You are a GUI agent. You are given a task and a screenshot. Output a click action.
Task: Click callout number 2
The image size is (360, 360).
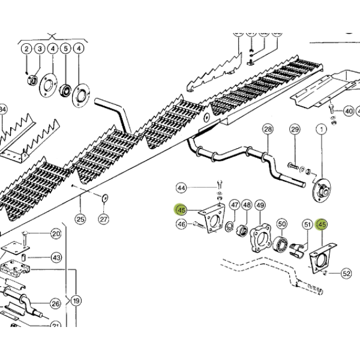pyautogui.click(x=26, y=49)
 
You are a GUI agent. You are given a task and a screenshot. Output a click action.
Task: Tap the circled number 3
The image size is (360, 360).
pyautogui.click(x=39, y=49)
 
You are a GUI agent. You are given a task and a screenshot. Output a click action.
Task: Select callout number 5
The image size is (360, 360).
pyautogui.click(x=65, y=49)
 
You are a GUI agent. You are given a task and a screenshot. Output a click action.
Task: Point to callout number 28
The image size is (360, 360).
pyautogui.click(x=268, y=130)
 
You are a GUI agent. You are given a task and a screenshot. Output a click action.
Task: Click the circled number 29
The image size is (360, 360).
pyautogui.click(x=295, y=130)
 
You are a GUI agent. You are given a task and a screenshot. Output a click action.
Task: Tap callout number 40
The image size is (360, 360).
pyautogui.click(x=349, y=111)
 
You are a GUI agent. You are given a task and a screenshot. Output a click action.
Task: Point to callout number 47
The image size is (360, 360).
pyautogui.click(x=235, y=206)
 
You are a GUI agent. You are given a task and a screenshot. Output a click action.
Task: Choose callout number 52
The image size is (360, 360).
pyautogui.click(x=346, y=274)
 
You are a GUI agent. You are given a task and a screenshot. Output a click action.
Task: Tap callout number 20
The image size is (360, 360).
pyautogui.click(x=56, y=234)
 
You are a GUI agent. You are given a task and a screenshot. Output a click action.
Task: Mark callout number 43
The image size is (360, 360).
pyautogui.click(x=56, y=257)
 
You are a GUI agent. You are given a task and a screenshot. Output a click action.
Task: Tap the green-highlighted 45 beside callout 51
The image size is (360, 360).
pyautogui.click(x=322, y=225)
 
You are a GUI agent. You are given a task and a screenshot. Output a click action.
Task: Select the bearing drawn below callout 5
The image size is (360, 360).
pyautogui.click(x=65, y=91)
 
